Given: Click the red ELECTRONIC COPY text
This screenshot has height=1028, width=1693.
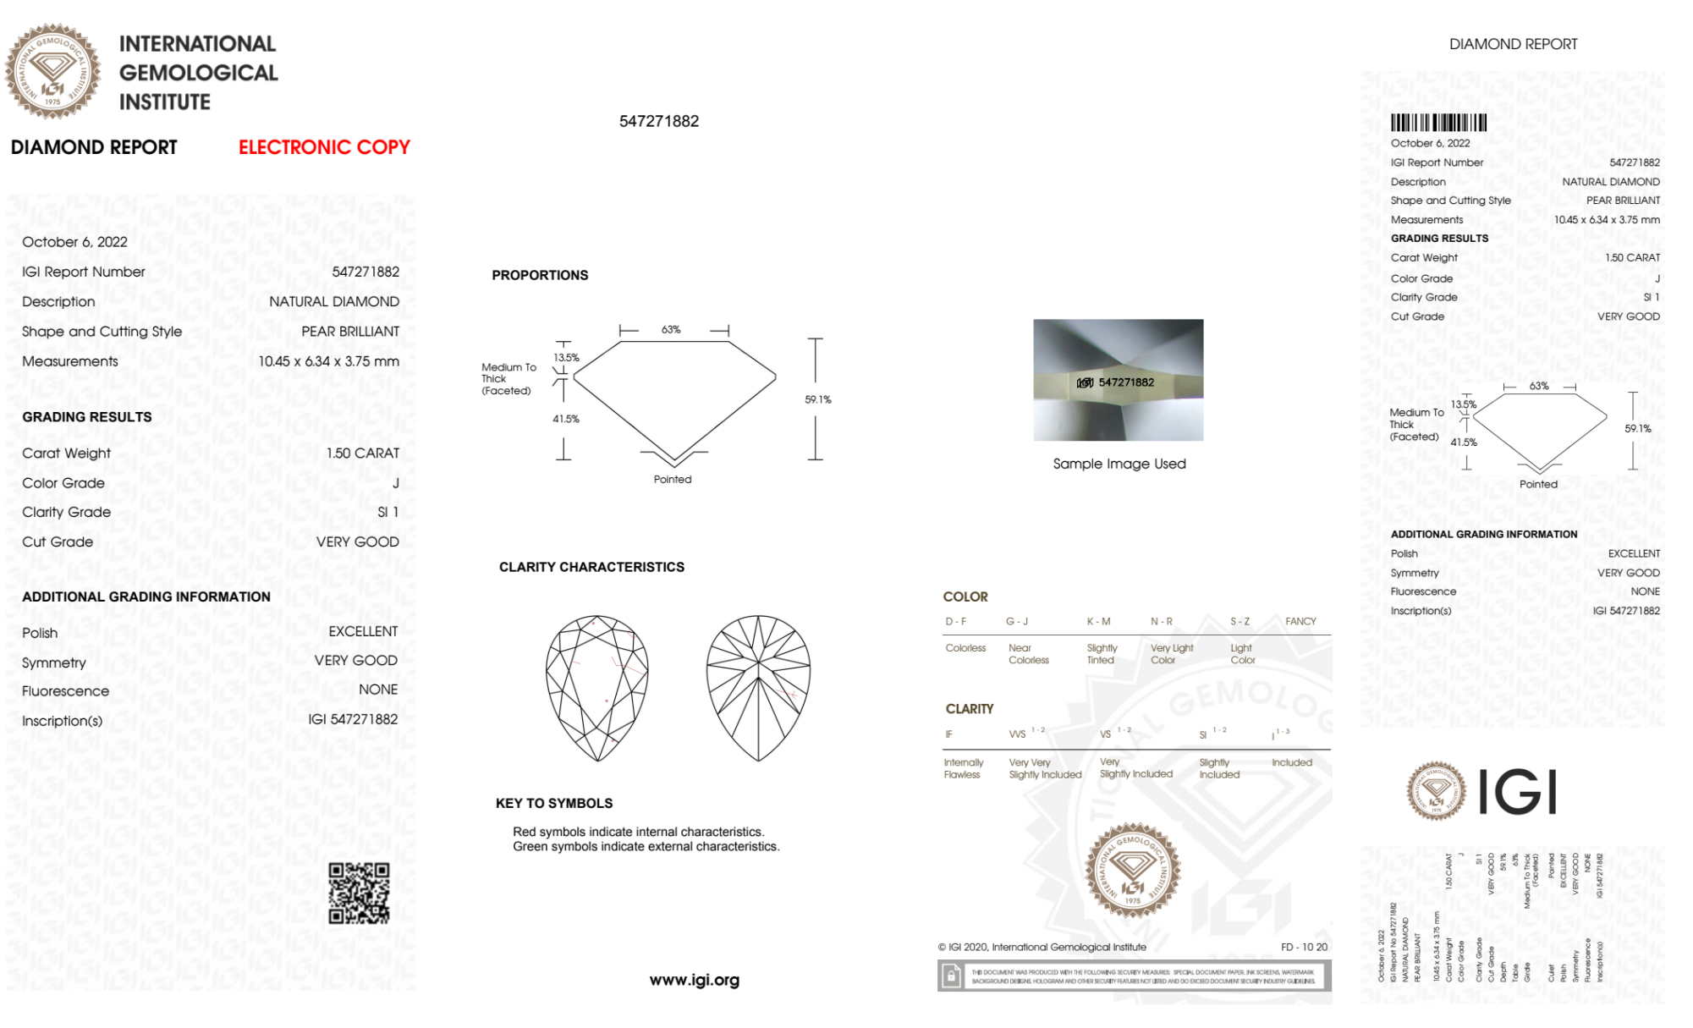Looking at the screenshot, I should coord(324,147).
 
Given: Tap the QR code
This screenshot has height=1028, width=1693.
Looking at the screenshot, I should coord(359,893).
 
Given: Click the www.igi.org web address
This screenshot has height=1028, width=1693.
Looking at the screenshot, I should coord(694,980).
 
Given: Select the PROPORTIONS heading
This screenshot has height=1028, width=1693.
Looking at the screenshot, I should coord(540,275).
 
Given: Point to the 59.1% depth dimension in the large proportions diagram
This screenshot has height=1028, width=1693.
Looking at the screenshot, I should coord(817,399).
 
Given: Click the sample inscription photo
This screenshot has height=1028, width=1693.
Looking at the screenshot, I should coord(1118,380).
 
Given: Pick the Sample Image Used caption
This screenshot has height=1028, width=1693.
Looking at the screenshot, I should coord(1119,464).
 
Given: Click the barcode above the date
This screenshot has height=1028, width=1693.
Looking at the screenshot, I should coord(1438,123).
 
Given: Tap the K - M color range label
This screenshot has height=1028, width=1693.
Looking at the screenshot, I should coord(1098,621).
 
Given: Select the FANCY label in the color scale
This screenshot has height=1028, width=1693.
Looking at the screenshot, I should coord(1300,621).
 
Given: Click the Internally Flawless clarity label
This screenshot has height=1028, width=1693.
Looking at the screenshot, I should coord(963,768).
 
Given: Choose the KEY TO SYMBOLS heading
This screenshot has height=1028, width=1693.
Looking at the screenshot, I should coord(554,803).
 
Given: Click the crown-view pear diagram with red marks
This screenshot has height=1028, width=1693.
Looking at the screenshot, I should coord(597,688).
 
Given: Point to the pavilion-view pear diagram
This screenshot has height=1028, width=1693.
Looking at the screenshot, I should coord(758,688).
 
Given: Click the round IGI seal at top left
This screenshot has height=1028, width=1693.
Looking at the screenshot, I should coord(52,71).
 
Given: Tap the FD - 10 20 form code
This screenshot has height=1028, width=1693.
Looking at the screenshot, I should coord(1304,947).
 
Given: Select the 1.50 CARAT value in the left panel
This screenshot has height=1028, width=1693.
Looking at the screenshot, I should coord(363,454).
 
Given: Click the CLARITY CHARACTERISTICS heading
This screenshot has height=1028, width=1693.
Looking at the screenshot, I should coord(591,567).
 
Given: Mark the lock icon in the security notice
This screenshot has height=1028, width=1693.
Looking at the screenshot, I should coord(951,977).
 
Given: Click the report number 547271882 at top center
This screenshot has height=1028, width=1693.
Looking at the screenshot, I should coord(659,121).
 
